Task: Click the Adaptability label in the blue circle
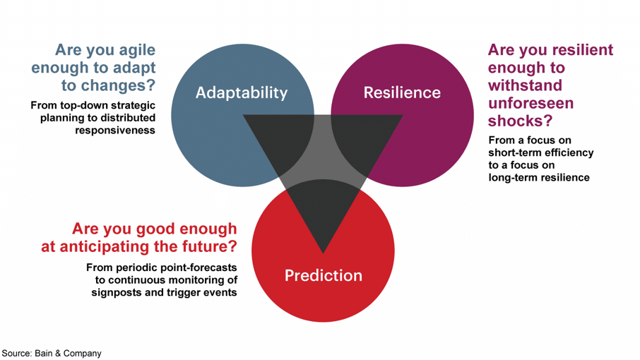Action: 242,93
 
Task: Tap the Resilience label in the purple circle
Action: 402,92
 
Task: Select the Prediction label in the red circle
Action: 324,275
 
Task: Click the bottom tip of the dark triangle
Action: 324,253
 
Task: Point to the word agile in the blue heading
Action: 136,50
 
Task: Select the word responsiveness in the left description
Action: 115,131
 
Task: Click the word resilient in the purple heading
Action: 579,49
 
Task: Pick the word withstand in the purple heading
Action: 525,85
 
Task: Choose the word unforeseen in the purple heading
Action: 531,103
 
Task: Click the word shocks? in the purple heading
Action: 520,121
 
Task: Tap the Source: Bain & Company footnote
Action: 52,354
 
